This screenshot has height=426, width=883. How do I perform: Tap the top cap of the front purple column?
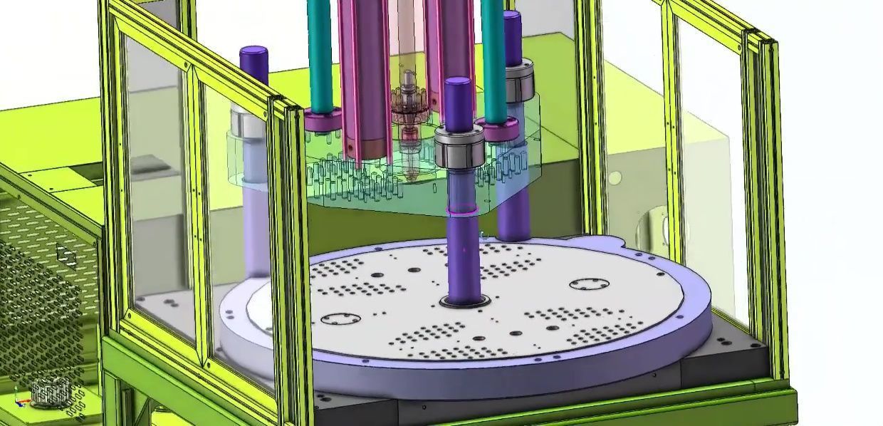tap(458, 84)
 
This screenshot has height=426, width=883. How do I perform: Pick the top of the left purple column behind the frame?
tap(254, 53)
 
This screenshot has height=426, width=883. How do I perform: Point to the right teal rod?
tap(492, 57)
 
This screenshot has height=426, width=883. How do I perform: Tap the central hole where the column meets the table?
tap(464, 301)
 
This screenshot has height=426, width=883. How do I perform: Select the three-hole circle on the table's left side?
tap(340, 318)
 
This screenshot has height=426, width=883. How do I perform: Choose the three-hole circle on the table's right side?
tap(588, 285)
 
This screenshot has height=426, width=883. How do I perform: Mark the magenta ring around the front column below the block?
tap(463, 210)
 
